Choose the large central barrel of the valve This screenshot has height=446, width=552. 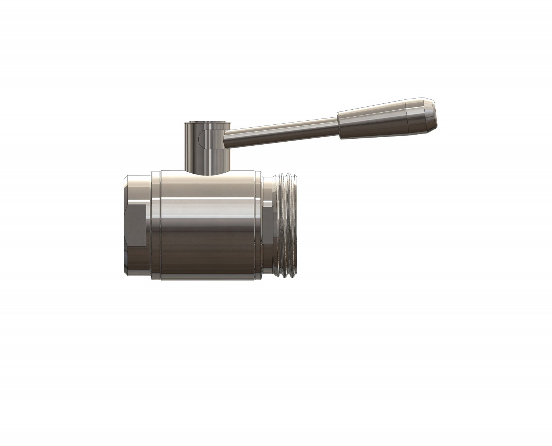[208, 228]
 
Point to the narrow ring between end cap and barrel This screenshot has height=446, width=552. [156, 224]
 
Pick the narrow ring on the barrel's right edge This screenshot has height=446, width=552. [259, 224]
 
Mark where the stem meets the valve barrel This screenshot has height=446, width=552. [206, 171]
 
